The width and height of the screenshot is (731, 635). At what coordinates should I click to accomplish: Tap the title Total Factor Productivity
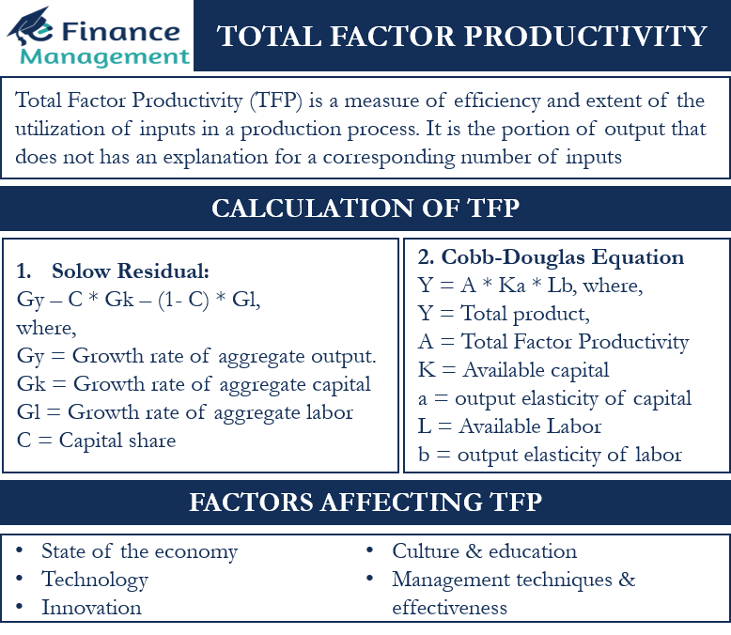coord(462,37)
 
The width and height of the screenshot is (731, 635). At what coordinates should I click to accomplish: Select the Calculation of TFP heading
coord(365,207)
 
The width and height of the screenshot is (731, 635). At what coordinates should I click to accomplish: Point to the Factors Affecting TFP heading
coord(365,502)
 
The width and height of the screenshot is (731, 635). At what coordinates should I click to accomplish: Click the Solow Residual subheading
coord(130,272)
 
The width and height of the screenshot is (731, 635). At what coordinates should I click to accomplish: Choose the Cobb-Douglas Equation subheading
coord(550,257)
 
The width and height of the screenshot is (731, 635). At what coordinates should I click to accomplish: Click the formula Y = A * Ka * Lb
coord(529,285)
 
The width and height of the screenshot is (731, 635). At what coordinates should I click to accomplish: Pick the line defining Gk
coord(194,384)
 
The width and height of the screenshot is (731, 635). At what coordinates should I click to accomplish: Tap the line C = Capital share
coord(96,441)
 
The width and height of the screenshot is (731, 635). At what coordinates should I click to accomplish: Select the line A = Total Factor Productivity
coord(552,342)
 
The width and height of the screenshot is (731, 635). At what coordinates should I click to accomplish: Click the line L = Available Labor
coord(509,426)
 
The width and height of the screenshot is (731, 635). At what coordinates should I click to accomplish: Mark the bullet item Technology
coord(95,580)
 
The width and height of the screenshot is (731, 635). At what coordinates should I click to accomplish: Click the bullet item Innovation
coord(91,608)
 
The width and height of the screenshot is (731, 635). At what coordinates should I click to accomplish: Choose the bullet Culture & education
coord(485,551)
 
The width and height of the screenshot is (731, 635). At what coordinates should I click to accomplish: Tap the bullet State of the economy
coord(139,551)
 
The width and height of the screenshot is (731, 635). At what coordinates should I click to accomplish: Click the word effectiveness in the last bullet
coord(449,608)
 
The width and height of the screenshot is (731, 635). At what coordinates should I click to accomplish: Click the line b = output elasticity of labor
coord(550,455)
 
